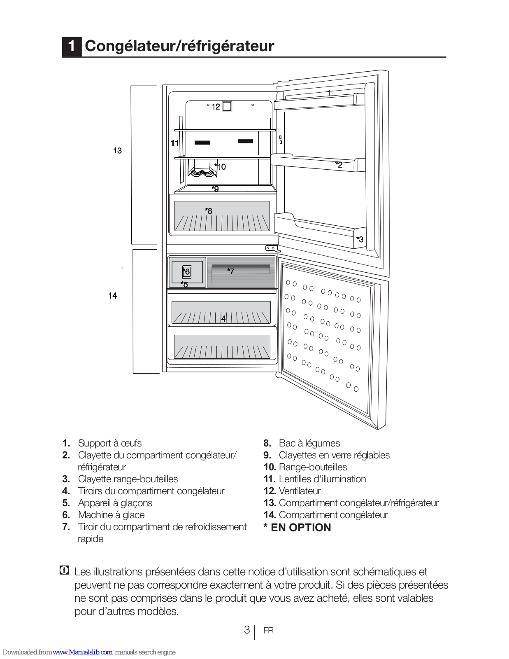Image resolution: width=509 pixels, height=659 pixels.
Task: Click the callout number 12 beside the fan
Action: coord(216,107)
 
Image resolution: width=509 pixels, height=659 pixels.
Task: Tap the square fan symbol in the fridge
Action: coord(227,106)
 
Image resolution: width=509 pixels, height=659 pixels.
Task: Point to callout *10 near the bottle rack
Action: coord(220,166)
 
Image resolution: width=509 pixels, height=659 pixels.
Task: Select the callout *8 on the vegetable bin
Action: coord(209,211)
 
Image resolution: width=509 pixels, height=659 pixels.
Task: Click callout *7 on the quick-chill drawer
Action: coord(230,271)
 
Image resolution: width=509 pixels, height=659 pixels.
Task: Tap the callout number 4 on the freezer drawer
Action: coord(223,319)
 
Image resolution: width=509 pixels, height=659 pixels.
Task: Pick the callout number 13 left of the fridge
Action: coord(117,150)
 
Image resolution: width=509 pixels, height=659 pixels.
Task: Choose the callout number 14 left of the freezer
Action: coord(112,295)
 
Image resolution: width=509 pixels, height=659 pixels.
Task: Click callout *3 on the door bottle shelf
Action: coord(360,239)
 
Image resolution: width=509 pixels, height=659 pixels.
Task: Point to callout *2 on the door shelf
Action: coord(339,165)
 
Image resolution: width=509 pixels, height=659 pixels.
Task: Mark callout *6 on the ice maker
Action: coord(186,271)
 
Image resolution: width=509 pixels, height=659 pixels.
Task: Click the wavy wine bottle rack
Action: coord(202,172)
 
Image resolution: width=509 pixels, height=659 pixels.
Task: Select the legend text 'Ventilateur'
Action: coord(300,491)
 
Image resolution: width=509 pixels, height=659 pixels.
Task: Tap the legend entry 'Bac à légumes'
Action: coord(309,443)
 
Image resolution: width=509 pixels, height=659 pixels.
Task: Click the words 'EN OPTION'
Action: coord(301,528)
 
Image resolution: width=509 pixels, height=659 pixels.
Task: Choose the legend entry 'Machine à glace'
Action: coord(111,515)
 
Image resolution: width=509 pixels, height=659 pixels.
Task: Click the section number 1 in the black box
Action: coord(72,47)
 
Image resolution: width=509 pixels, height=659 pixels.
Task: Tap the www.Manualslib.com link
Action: coord(82,652)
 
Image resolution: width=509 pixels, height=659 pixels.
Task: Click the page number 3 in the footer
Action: coord(247,630)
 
